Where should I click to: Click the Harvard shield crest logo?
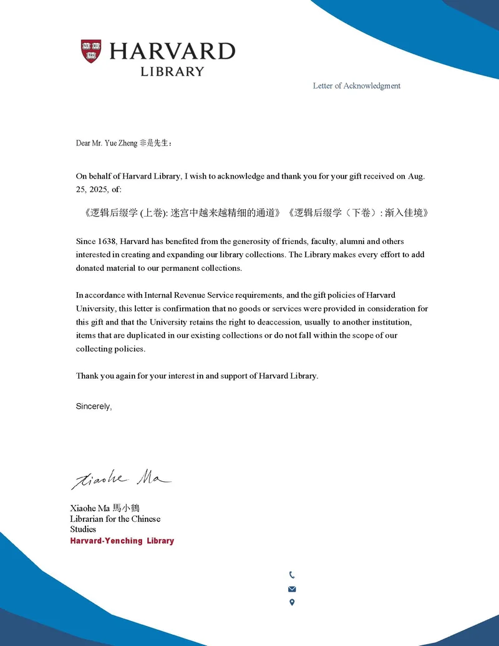click(90, 51)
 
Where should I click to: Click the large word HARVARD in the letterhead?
click(172, 51)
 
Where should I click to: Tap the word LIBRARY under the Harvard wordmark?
click(172, 72)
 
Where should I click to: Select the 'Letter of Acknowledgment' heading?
click(356, 86)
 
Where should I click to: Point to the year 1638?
click(107, 241)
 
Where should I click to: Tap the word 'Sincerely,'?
click(94, 406)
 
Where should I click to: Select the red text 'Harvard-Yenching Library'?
click(122, 541)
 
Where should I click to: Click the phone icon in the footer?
click(292, 575)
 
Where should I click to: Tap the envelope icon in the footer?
click(292, 589)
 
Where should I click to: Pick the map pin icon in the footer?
click(292, 602)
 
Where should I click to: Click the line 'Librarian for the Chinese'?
click(115, 519)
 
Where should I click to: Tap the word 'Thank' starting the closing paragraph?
click(87, 376)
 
